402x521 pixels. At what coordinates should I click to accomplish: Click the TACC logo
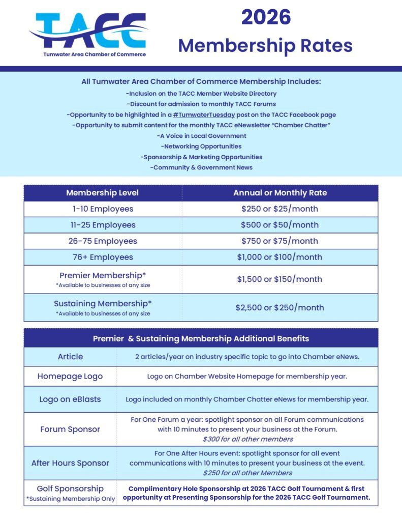click(x=87, y=32)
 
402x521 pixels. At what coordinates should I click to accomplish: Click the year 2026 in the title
click(x=265, y=17)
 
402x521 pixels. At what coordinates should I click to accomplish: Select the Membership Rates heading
click(x=265, y=45)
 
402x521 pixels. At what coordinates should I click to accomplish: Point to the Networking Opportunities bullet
click(x=201, y=147)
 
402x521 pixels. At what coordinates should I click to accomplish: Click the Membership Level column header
click(x=102, y=193)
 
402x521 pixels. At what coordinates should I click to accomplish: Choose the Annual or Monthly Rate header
click(x=280, y=193)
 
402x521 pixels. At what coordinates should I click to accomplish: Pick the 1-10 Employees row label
click(x=102, y=209)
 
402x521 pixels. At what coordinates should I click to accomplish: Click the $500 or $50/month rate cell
click(x=280, y=225)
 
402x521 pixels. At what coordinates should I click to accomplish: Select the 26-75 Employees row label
click(x=102, y=241)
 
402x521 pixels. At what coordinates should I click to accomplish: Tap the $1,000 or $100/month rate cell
click(x=280, y=257)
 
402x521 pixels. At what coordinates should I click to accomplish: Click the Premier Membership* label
click(x=102, y=275)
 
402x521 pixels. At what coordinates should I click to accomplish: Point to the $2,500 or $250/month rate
click(x=280, y=307)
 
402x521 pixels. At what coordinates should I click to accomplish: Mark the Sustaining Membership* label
click(x=102, y=304)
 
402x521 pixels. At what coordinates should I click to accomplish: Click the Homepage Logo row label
click(x=70, y=377)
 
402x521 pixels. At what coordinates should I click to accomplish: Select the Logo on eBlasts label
click(x=70, y=399)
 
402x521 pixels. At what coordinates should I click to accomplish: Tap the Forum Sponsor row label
click(x=70, y=429)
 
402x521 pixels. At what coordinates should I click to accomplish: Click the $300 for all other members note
click(x=248, y=439)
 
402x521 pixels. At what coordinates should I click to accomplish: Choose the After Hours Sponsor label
click(x=70, y=463)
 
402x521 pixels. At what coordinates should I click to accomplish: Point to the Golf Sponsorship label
click(x=70, y=488)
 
